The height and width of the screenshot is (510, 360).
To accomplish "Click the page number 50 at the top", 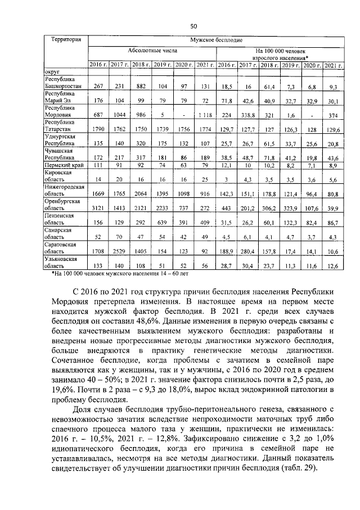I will [193, 26].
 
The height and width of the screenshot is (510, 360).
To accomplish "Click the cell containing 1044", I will [119, 115].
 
